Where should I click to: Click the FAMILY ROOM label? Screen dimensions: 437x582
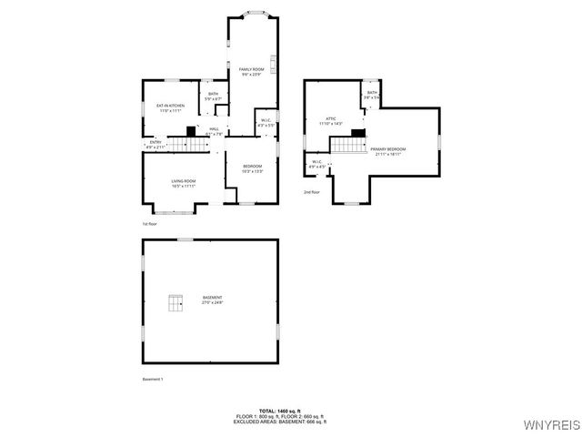click(251, 69)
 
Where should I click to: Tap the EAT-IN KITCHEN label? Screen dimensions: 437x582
click(170, 106)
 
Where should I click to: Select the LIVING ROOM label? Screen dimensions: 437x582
click(184, 181)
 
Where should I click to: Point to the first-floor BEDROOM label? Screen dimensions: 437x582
click(252, 166)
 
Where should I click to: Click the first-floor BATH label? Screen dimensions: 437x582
click(213, 94)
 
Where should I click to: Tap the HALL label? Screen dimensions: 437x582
click(214, 129)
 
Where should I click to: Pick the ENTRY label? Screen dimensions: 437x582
click(156, 142)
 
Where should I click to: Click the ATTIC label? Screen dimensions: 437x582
click(331, 118)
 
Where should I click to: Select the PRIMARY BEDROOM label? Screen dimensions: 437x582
click(388, 149)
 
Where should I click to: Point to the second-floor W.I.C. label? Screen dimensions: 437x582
click(316, 163)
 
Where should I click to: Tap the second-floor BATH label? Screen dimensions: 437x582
click(372, 93)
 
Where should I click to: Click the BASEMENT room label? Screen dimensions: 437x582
click(212, 298)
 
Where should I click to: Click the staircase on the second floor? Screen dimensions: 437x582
click(346, 144)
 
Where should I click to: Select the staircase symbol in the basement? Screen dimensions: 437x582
click(174, 302)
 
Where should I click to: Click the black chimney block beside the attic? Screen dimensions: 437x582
click(358, 134)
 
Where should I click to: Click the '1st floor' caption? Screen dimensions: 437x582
click(149, 223)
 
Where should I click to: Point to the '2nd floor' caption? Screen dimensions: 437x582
click(312, 192)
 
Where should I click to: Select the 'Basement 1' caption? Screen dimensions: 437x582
click(153, 379)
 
